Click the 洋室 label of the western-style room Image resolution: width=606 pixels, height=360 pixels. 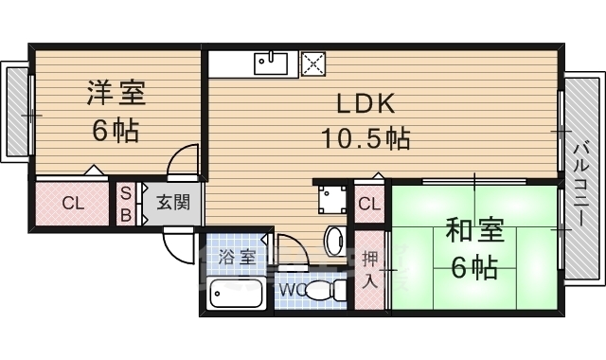pos(116,93)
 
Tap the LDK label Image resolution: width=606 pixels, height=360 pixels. pos(366,103)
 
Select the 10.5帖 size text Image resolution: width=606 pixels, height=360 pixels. pos(365,138)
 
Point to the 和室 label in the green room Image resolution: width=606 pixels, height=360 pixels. pos(475,230)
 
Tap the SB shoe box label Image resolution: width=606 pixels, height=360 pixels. pos(126,204)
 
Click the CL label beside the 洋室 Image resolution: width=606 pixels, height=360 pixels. pos(74,203)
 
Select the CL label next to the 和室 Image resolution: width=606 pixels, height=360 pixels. pos(369,204)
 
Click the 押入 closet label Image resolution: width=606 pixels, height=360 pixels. pos(370,270)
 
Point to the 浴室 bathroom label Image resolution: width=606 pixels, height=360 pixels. pos(237,257)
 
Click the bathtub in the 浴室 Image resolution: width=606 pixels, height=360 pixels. pos(236,293)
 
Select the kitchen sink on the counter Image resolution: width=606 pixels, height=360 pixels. pos(271,63)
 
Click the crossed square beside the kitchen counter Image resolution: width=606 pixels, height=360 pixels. pos(313,63)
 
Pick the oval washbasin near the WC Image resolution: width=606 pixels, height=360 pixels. pos(335,241)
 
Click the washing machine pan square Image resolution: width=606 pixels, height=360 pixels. pos(332,199)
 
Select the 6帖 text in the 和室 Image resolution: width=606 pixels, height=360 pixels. pos(474,267)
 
